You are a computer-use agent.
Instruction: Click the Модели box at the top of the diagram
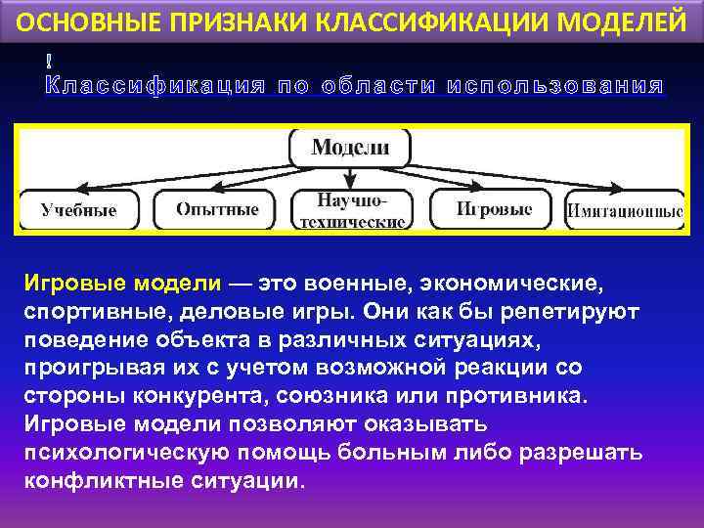tap(350, 148)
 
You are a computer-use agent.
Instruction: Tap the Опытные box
tap(217, 209)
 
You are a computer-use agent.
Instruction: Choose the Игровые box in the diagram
tap(494, 209)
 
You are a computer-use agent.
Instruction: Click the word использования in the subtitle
tap(555, 86)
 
